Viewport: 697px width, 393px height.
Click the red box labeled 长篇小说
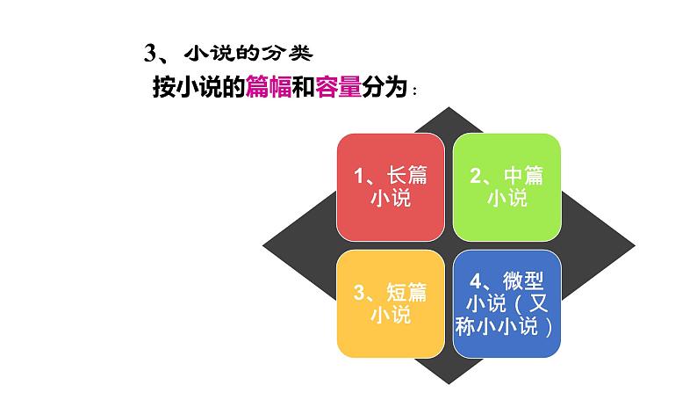390,187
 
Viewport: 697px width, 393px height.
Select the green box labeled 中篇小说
507,187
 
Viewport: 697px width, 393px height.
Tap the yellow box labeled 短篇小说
390,302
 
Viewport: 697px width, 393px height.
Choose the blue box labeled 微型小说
507,302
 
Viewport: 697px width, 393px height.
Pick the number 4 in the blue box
477,281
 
